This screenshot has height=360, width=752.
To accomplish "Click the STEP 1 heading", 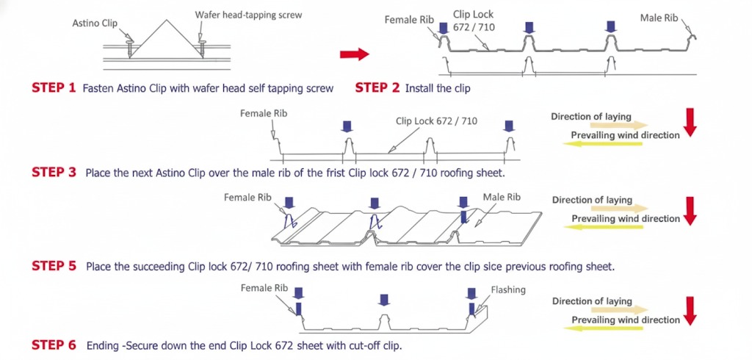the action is click(x=54, y=88).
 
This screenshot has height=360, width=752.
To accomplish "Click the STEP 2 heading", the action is click(x=377, y=88).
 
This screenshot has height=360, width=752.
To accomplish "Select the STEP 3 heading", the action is click(x=54, y=173).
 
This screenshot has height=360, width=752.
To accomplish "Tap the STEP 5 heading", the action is click(x=54, y=266).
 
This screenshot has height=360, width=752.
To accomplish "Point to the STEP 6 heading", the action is click(x=54, y=345).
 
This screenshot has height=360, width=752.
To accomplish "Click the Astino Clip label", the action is click(x=95, y=23).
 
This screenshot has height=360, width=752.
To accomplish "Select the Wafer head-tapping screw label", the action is click(x=248, y=15).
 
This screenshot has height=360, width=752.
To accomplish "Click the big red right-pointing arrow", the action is click(x=355, y=54).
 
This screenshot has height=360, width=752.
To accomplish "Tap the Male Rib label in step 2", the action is click(x=659, y=18).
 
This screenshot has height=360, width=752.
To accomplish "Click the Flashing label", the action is click(x=508, y=289).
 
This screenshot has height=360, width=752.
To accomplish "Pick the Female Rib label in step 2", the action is click(x=409, y=20).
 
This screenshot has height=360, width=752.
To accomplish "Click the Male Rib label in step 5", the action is click(x=502, y=197).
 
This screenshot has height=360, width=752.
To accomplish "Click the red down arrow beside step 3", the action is click(x=690, y=123).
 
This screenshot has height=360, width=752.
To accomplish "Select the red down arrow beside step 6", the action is click(x=690, y=311).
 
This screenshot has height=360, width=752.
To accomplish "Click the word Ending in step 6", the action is click(x=101, y=345).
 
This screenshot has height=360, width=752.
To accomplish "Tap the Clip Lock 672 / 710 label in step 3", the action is click(x=436, y=121).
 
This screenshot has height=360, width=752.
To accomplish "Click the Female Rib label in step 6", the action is click(x=264, y=288).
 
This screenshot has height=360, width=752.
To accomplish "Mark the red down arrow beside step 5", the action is click(x=690, y=211).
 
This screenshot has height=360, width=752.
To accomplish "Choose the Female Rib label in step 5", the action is click(x=247, y=198).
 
